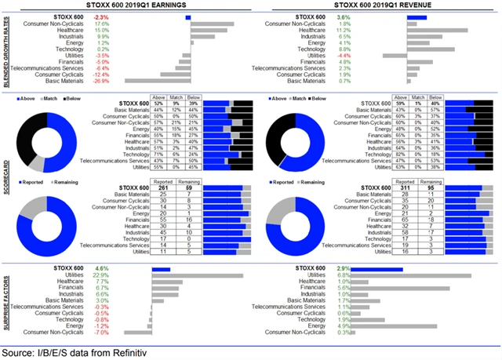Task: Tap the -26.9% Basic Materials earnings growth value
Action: tap(100, 80)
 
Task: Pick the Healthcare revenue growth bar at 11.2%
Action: tap(438, 30)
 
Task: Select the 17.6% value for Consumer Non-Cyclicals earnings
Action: tap(101, 24)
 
